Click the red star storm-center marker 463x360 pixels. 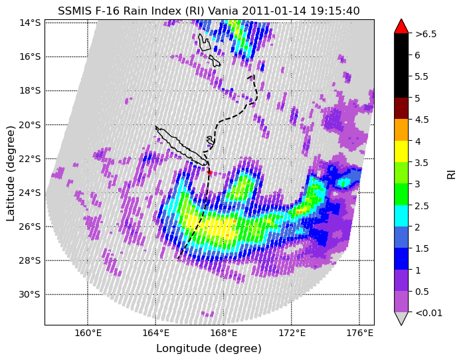pos(210,172)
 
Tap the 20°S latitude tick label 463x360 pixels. pos(29,125)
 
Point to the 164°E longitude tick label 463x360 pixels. pos(155,333)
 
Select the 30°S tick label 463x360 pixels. pos(29,295)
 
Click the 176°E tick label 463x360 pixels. pos(359,333)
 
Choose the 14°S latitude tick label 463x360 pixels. pos(29,23)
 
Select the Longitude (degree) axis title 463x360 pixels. pos(209,349)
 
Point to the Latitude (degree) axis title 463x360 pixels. pos(11,173)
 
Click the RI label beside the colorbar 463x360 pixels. pos(452,173)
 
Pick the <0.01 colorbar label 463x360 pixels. pos(428,313)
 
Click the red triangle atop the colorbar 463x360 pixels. pos(401,27)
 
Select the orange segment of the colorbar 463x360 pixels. pos(401,130)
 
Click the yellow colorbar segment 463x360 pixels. pos(401,151)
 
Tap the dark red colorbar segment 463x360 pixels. pos(401,108)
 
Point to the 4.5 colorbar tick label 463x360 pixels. pos(421,120)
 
